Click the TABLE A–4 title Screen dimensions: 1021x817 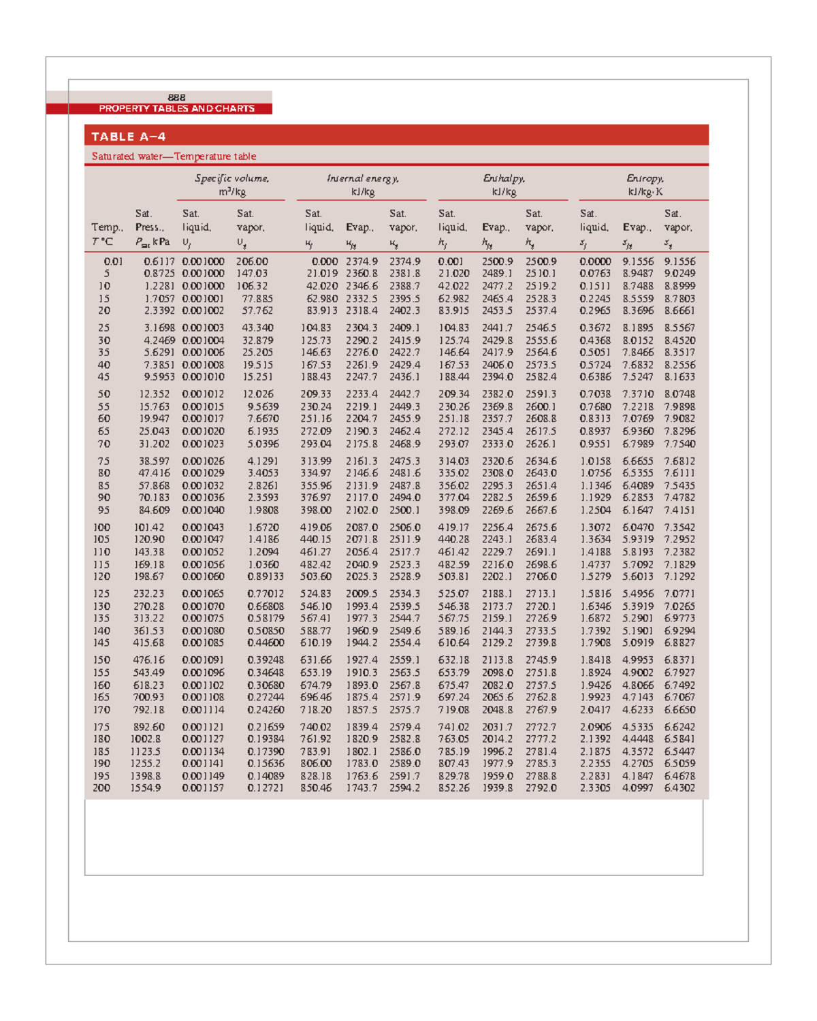click(x=129, y=137)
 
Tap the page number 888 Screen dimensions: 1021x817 click(x=176, y=97)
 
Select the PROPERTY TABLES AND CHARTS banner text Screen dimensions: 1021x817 click(x=176, y=109)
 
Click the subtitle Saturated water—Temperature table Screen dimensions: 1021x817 click(x=174, y=157)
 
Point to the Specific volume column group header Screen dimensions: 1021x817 click(x=231, y=185)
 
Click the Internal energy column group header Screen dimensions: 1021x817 click(x=363, y=185)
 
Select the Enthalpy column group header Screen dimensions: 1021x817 click(x=504, y=185)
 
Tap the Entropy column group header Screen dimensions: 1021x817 click(x=645, y=185)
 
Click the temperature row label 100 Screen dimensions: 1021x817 click(x=101, y=528)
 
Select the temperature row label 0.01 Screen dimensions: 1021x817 click(x=113, y=261)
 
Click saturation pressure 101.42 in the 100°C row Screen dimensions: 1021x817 click(x=149, y=528)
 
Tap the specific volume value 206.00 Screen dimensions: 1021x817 click(x=252, y=261)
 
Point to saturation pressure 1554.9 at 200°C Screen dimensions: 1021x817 click(x=146, y=788)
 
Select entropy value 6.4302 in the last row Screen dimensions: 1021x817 click(x=679, y=788)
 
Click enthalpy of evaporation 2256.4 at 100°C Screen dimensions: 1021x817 click(x=497, y=528)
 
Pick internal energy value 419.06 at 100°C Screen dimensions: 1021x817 click(x=316, y=528)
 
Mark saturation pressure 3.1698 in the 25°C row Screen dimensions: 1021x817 click(x=159, y=328)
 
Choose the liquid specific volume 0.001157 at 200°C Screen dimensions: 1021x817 click(x=203, y=788)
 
